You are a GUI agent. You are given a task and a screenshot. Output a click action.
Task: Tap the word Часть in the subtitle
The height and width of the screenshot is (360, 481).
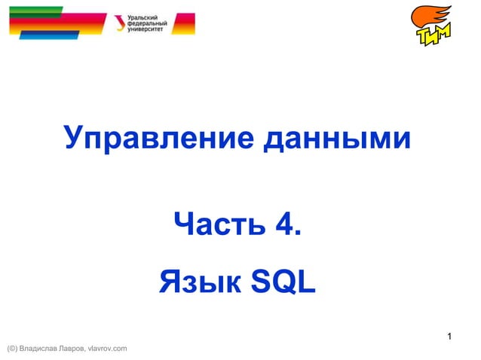tap(220, 224)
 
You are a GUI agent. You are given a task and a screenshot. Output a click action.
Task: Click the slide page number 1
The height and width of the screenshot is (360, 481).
tap(449, 336)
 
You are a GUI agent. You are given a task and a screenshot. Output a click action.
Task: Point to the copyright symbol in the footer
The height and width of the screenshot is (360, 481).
tap(11, 348)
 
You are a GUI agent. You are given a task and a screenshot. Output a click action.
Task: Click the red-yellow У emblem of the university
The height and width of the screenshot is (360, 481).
tap(121, 23)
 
